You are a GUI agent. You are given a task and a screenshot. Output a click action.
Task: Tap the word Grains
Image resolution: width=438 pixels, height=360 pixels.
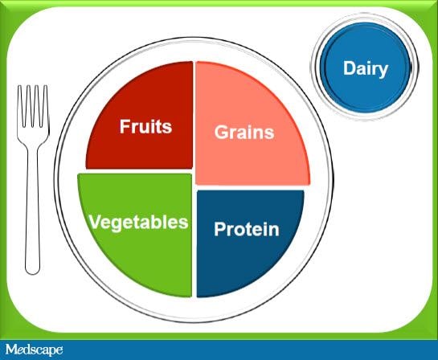coord(244,132)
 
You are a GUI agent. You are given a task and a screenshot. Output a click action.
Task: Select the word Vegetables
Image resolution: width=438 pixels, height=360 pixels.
coord(138,221)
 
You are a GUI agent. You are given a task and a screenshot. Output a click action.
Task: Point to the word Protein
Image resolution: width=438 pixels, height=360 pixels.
coord(246,230)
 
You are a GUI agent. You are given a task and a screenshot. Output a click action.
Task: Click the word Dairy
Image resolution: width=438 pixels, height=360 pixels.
coord(365,68)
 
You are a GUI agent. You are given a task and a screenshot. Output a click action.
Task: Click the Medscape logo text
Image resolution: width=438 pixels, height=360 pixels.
coord(33,350)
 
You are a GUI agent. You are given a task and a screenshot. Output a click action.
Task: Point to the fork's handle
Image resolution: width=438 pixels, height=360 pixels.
coord(33,209)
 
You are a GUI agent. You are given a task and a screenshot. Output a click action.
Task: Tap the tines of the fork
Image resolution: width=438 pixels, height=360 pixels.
coord(33,100)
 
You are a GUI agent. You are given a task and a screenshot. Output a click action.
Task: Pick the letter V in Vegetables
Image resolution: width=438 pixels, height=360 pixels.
coord(94,221)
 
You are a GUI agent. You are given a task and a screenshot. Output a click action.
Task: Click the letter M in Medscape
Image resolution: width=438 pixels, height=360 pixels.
coord(10,350)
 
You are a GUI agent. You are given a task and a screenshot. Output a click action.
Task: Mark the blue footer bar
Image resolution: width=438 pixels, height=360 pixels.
coord(241,350)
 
